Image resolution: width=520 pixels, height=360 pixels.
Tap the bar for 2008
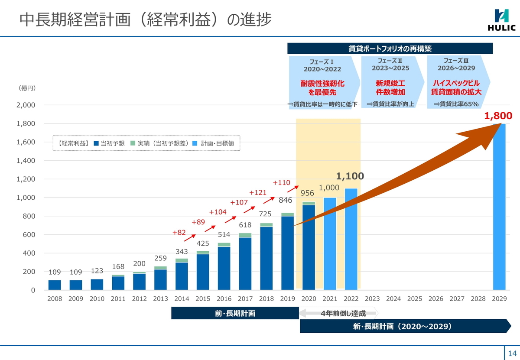click(55, 285)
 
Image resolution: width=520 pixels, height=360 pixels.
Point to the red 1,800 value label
click(498, 116)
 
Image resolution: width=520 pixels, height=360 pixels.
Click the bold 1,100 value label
click(350, 176)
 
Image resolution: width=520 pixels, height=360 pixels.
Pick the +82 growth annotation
click(179, 233)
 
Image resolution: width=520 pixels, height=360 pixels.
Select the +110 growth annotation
click(281, 183)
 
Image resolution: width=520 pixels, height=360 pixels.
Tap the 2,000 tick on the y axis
click(26, 105)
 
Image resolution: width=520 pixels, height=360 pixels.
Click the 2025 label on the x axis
click(415, 299)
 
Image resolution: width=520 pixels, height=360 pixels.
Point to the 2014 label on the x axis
click(182, 299)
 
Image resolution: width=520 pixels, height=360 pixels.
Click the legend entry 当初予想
click(109, 143)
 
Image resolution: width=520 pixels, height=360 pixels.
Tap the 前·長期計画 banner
click(235, 313)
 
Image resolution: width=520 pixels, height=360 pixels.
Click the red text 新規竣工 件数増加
click(390, 88)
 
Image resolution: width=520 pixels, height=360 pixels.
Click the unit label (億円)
click(27, 88)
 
